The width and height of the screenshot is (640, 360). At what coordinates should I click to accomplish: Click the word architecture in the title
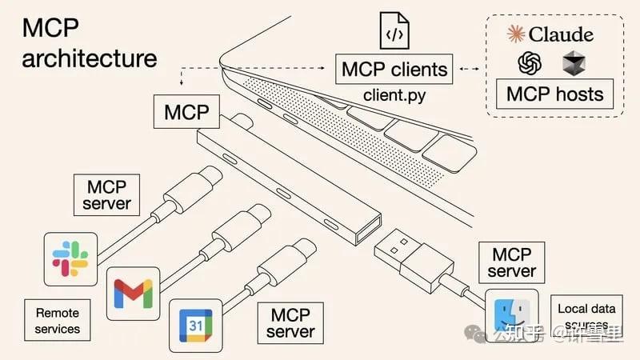89,58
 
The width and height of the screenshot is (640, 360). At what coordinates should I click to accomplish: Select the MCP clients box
394,69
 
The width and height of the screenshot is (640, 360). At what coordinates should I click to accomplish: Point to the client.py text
394,95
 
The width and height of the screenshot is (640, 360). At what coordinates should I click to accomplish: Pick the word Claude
561,34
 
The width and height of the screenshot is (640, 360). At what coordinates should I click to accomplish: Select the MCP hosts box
555,94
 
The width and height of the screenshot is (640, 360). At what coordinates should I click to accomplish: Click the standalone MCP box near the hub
186,112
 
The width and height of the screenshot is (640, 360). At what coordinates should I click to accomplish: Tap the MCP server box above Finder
512,263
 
